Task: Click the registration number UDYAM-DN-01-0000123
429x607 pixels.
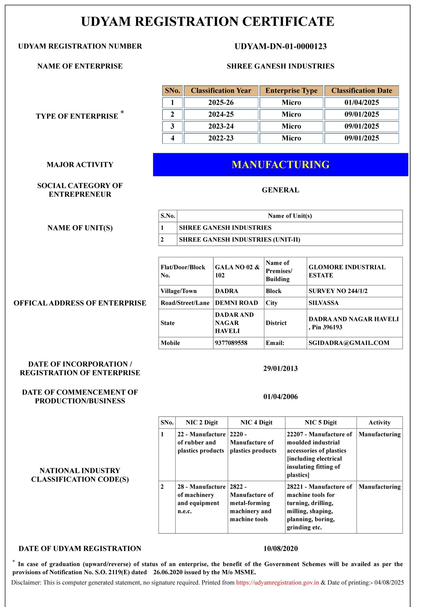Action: pos(280,46)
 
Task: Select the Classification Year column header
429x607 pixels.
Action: pos(221,91)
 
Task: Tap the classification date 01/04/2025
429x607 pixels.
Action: pos(361,102)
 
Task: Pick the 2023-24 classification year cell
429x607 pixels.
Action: pos(221,126)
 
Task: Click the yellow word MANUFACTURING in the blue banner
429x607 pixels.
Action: pos(280,165)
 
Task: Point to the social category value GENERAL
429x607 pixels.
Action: pos(280,190)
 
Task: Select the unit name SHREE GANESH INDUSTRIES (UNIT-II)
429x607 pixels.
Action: pos(239,240)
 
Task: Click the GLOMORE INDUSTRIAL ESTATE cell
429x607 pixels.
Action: pos(347,271)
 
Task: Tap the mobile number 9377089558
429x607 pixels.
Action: pos(231,343)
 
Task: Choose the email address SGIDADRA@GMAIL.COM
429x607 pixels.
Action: pos(349,343)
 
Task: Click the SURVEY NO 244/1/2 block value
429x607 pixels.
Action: pos(338,291)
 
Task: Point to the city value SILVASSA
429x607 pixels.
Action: pos(323,303)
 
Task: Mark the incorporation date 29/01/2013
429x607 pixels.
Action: pos(280,369)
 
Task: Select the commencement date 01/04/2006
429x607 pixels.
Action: pos(280,397)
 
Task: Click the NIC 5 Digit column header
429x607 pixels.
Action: pos(321,423)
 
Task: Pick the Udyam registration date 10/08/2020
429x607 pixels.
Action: pos(280,549)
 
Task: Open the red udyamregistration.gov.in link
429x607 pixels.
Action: pos(277,583)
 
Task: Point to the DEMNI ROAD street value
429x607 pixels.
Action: pos(236,303)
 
